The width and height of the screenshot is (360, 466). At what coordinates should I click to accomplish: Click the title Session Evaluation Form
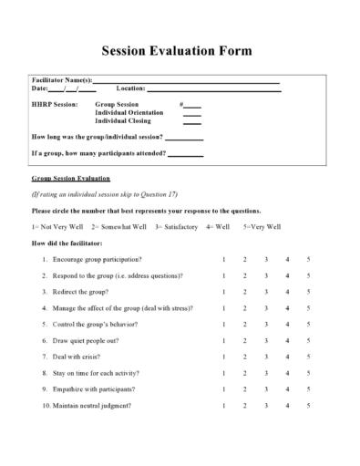point(180,51)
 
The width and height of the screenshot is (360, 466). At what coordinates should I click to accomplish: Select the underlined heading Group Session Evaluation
point(70,179)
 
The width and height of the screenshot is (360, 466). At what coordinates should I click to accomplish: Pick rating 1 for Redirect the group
point(224,292)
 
